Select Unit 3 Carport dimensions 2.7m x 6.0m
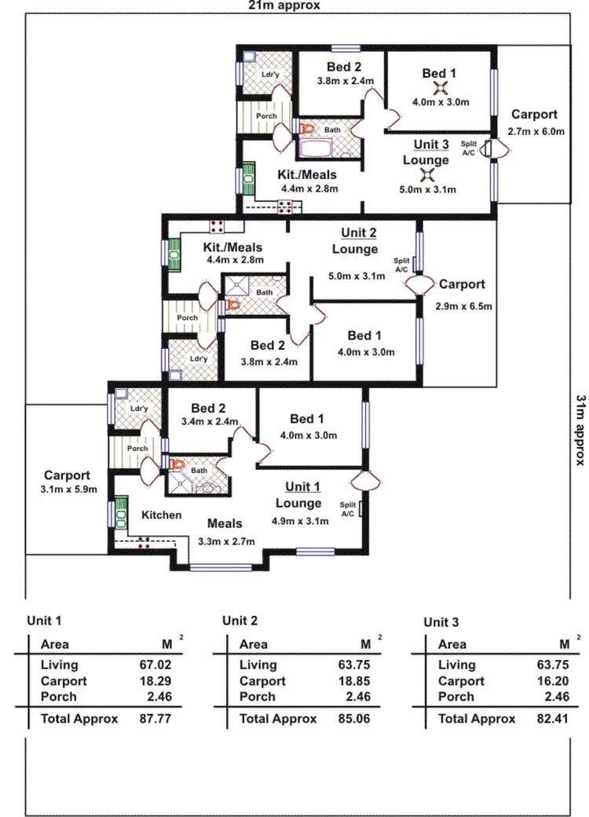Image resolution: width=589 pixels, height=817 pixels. point(536,131)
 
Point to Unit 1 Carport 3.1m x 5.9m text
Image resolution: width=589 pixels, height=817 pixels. point(67,489)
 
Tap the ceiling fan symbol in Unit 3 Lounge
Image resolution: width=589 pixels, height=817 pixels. point(426,174)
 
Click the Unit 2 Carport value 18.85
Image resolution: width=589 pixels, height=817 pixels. point(353,681)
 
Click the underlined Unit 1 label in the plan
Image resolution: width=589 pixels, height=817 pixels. point(302,486)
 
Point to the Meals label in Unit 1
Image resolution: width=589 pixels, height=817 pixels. point(225,523)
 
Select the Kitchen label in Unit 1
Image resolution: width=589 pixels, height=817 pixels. point(162,515)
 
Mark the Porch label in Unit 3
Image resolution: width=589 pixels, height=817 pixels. point(266,115)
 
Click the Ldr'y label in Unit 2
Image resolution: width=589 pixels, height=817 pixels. point(199,359)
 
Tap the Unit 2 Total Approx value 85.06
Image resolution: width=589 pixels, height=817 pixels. point(353,719)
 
